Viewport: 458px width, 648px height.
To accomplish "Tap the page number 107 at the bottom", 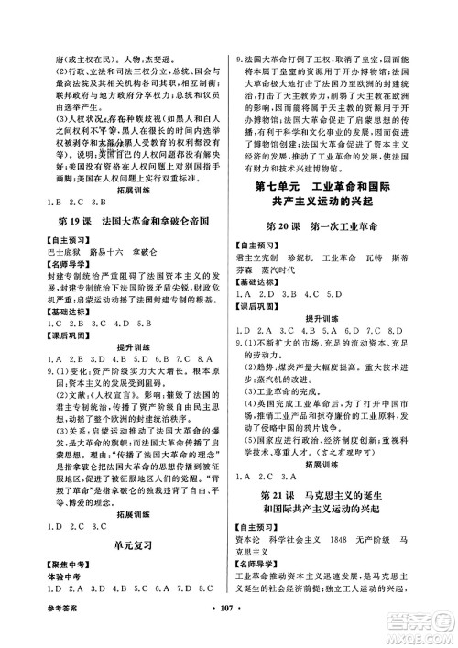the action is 229,632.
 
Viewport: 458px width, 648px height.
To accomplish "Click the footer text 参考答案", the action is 45,632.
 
